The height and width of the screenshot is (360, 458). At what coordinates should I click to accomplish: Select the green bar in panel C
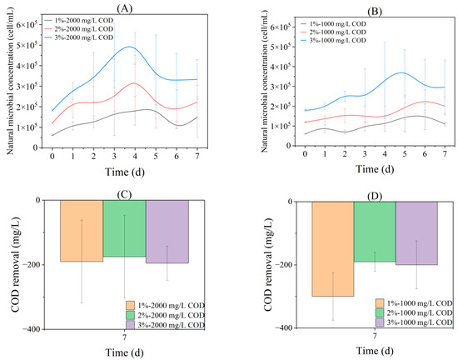click(124, 228)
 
